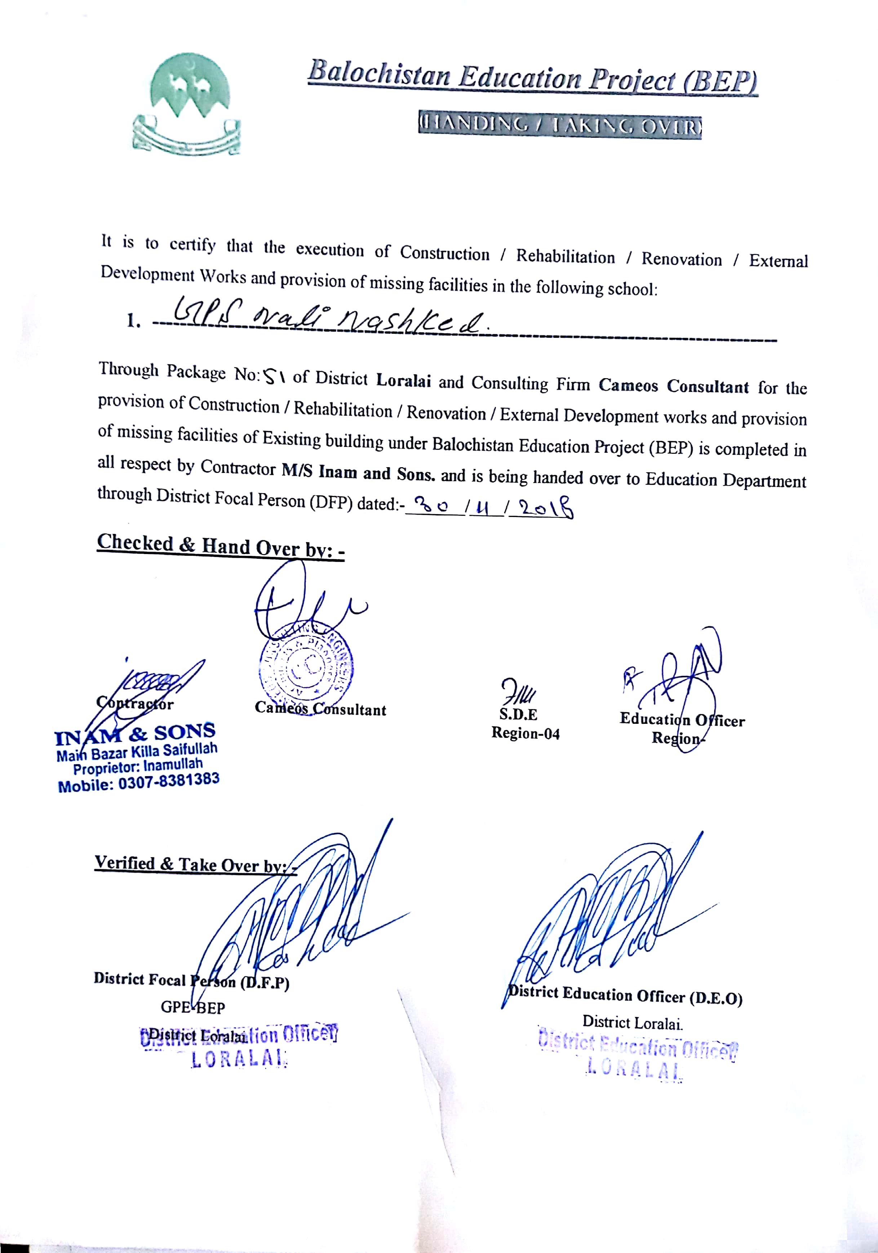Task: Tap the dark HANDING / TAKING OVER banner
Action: (559, 127)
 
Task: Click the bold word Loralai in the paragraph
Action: (403, 380)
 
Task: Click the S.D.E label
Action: (518, 714)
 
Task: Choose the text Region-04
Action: (526, 733)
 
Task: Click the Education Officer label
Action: (682, 720)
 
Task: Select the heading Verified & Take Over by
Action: (195, 864)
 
